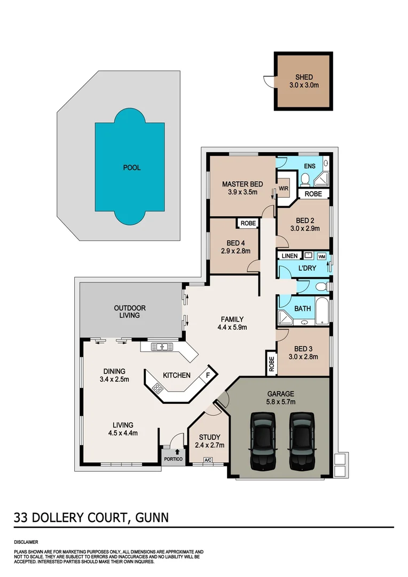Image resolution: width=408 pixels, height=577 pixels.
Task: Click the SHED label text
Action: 304,77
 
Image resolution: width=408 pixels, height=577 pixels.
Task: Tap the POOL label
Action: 131,168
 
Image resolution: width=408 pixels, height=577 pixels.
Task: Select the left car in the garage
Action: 262,441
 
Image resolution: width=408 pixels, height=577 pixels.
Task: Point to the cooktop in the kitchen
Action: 158,389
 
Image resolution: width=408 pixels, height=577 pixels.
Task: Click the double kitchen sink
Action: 161,347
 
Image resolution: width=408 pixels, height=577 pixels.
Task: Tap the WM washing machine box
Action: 321,256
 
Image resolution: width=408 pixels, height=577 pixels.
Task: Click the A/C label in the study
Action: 207,461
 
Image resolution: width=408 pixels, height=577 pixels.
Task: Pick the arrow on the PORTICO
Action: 170,452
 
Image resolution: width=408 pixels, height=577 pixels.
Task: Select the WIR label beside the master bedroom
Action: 283,188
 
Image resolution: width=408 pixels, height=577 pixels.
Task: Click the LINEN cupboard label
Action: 290,256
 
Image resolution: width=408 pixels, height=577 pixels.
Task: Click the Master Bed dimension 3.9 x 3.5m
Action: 240,192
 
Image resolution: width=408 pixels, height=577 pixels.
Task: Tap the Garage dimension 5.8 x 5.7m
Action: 281,402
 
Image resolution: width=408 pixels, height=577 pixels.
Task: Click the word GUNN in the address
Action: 152,517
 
